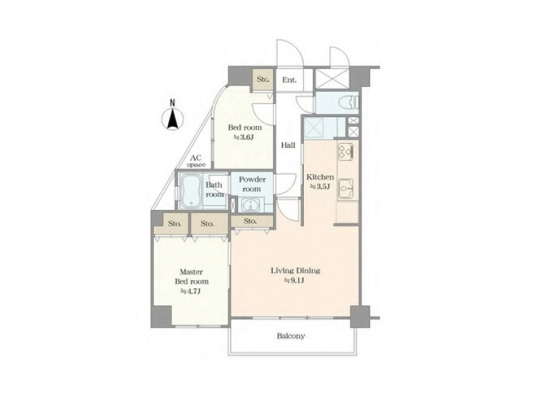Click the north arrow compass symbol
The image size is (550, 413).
point(173,118)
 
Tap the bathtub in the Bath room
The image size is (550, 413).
point(191,191)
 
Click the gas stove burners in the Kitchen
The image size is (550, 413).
point(346,150)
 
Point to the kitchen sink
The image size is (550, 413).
point(346,189)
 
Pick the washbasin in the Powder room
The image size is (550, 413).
point(251,204)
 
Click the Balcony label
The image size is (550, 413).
point(291,336)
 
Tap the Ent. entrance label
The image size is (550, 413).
point(289,80)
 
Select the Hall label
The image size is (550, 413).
point(288,145)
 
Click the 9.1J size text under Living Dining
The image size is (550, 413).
point(294,280)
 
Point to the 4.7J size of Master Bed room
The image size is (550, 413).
point(190,291)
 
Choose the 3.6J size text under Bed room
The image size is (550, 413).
point(244,137)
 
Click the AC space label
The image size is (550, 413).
point(196,161)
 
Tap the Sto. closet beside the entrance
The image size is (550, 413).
point(263,79)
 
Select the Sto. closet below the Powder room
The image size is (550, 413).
point(252,221)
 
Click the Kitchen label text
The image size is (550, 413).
point(320,177)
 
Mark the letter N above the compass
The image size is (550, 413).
point(173,103)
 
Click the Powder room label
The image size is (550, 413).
point(252,184)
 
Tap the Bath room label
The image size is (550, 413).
point(214,190)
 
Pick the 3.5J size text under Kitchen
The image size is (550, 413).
point(320,187)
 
